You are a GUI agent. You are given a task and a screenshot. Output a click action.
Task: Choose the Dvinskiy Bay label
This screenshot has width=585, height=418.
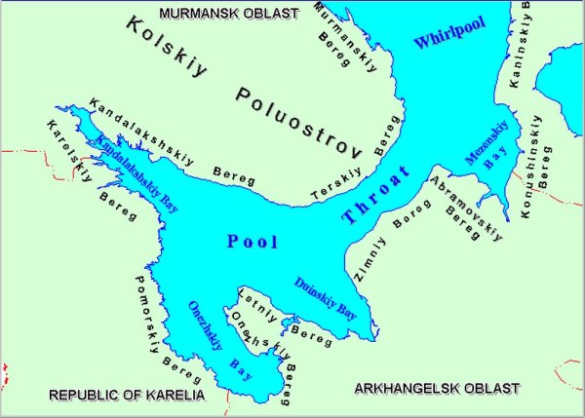tap(325, 298)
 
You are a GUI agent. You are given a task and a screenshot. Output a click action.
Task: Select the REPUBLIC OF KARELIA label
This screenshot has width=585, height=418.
tap(127, 396)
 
